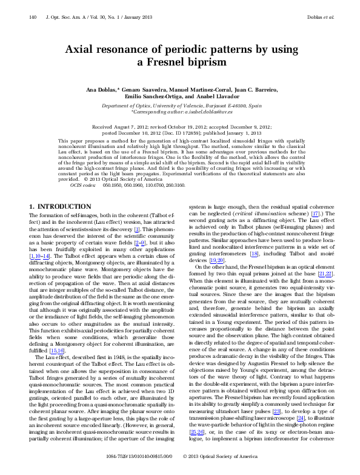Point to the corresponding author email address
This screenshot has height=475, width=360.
210,112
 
